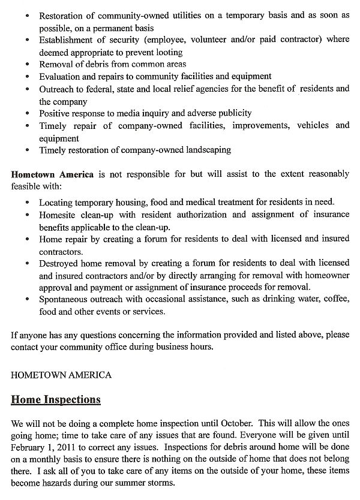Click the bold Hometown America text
click(x=52, y=174)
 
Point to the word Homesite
click(x=59, y=214)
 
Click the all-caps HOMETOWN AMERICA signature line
click(x=61, y=375)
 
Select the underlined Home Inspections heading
click(x=56, y=400)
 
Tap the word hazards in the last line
click(x=67, y=483)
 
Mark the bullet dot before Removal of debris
click(x=28, y=65)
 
